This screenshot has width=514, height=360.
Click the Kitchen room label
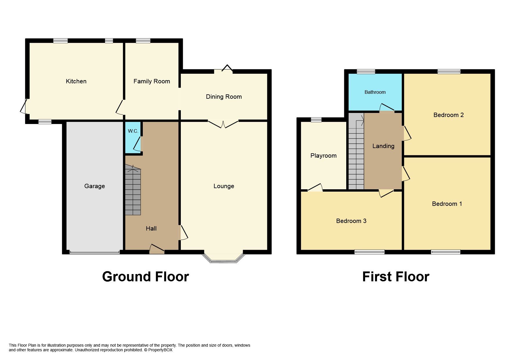tap(76, 81)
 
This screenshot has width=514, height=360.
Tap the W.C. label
tap(133, 131)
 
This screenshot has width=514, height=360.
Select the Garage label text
tap(95, 186)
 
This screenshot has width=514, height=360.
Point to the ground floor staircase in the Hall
tap(133, 190)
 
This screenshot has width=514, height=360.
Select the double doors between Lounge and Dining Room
tap(223, 124)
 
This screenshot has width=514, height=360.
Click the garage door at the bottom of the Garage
tap(94, 252)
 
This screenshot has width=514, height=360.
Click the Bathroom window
tap(366, 71)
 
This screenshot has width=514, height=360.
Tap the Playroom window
tap(316, 119)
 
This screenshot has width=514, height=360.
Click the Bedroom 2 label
tap(448, 115)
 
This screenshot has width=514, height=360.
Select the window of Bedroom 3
tap(369, 252)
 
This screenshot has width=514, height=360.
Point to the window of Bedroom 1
tap(445, 252)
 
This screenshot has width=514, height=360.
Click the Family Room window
tap(143, 41)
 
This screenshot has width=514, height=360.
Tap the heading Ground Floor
tap(145, 277)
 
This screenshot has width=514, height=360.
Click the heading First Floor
tap(395, 277)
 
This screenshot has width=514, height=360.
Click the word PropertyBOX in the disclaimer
tap(160, 350)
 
